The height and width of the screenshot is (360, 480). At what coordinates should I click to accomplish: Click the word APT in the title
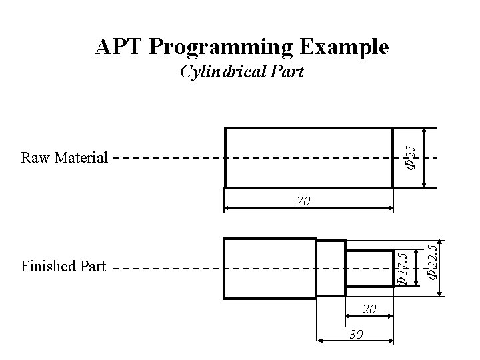click(119, 47)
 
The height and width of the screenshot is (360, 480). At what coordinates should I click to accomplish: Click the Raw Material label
click(64, 158)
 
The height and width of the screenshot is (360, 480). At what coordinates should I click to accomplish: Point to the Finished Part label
click(63, 267)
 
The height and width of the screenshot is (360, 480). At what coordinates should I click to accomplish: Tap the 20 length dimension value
click(371, 309)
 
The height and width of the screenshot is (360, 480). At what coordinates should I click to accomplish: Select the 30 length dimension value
click(357, 335)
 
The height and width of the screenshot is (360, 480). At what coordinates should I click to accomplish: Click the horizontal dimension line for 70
click(267, 207)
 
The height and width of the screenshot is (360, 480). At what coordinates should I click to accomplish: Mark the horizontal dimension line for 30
click(333, 341)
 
